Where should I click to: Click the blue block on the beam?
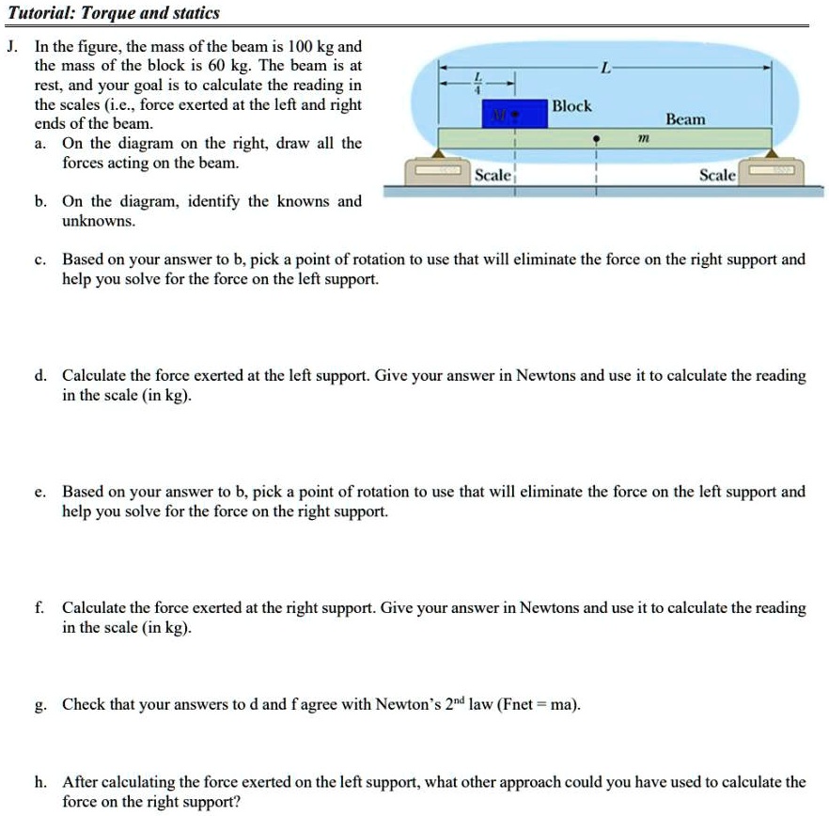coord(514,113)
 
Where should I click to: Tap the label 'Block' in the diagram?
coord(571,106)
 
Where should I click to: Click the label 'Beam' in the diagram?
coord(684,119)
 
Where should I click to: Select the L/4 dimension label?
coord(477,81)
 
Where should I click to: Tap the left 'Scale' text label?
coord(493,176)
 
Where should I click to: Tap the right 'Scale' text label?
coord(718,176)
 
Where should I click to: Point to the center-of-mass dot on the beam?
coord(595,139)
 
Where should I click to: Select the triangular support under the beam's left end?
coord(441,154)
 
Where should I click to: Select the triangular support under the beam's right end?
coord(773,154)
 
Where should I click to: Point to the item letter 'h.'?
coord(40,782)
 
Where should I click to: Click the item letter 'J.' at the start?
coord(11,46)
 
